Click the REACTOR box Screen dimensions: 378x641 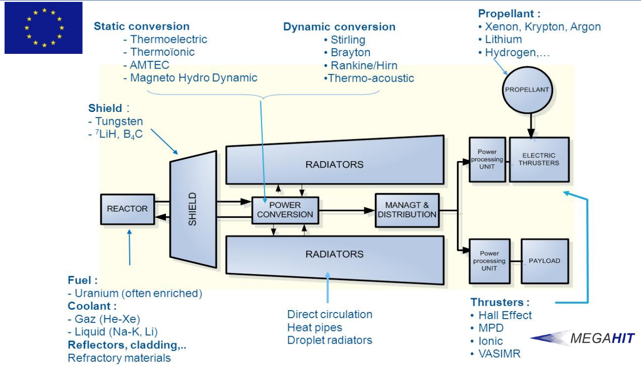(x=127, y=209)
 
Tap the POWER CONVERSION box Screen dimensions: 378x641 (x=285, y=210)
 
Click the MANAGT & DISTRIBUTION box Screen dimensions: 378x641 (x=407, y=210)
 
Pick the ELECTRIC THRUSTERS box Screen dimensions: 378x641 (x=539, y=159)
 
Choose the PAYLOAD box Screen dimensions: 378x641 (x=544, y=261)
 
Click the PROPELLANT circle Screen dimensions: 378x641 (x=530, y=90)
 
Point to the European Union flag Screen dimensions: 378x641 (x=44, y=28)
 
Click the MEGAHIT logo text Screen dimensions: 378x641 (x=602, y=339)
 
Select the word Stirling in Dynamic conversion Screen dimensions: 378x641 (x=348, y=39)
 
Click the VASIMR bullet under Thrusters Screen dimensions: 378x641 (x=499, y=354)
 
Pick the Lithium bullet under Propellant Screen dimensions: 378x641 (x=503, y=39)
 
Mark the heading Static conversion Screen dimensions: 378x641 (x=142, y=26)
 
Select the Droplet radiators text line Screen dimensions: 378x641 (x=330, y=340)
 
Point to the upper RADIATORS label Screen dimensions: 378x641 (x=334, y=164)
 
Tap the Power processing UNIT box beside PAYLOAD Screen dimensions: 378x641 (x=489, y=261)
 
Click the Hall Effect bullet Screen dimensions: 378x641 (x=505, y=315)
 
